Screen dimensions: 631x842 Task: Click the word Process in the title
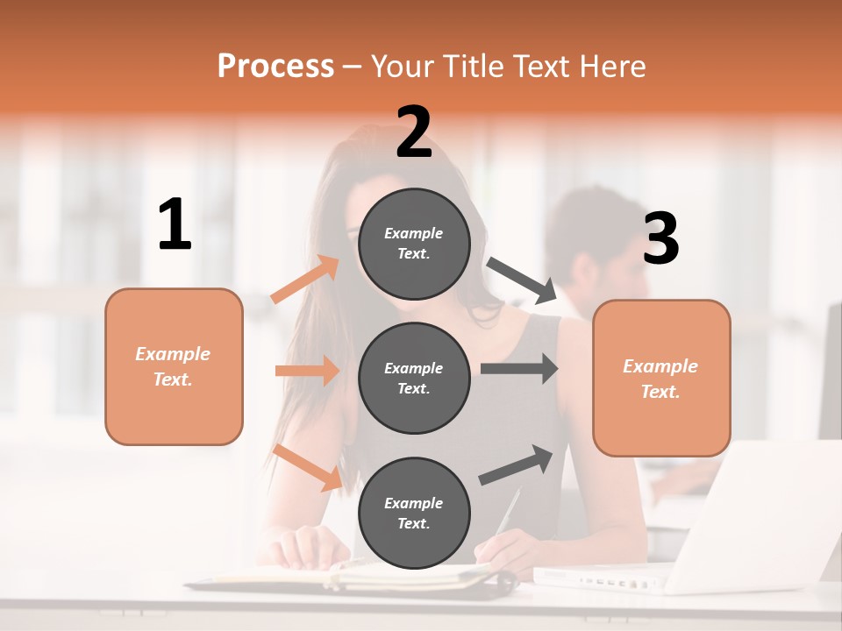pyautogui.click(x=275, y=67)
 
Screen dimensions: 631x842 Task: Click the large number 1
pyautogui.click(x=175, y=225)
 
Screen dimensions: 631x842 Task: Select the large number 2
pyautogui.click(x=414, y=132)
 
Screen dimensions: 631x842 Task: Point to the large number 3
pyautogui.click(x=660, y=239)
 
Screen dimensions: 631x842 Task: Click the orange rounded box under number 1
pyautogui.click(x=174, y=366)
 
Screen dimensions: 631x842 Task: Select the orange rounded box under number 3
pyautogui.click(x=661, y=378)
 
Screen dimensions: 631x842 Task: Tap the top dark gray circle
pyautogui.click(x=414, y=244)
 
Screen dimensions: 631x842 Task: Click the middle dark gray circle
pyautogui.click(x=414, y=378)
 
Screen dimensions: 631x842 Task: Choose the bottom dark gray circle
pyautogui.click(x=414, y=513)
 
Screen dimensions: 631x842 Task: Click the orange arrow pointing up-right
pyautogui.click(x=304, y=280)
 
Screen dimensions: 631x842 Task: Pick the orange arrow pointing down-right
pyautogui.click(x=308, y=467)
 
